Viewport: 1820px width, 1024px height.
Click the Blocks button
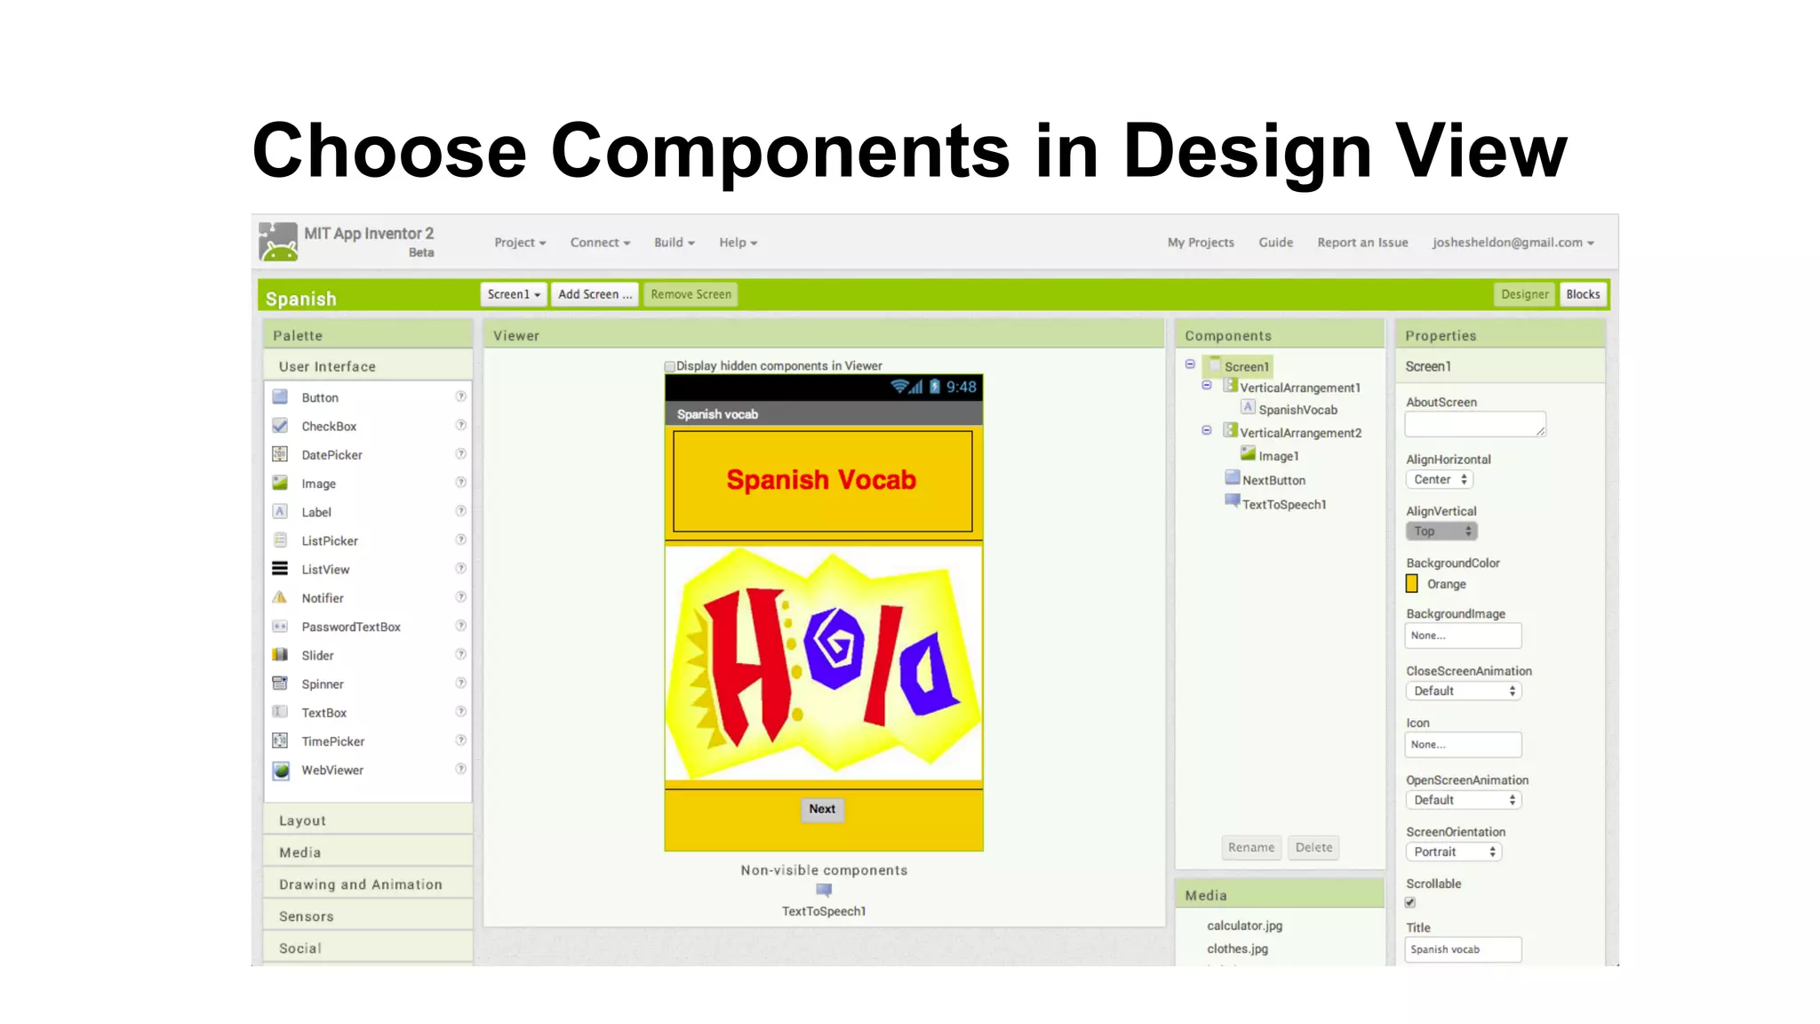tap(1583, 294)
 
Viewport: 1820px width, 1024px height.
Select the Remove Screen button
tap(690, 294)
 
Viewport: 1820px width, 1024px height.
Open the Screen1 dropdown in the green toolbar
tap(514, 294)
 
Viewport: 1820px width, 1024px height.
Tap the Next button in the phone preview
tap(822, 809)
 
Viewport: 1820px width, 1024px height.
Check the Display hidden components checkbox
tap(670, 366)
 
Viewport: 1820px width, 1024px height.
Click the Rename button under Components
tap(1251, 847)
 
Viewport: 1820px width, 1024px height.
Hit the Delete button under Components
tap(1313, 847)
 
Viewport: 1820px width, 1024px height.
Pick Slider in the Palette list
tap(317, 655)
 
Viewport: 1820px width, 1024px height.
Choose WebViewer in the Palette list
tap(332, 770)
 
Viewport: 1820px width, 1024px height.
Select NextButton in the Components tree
tap(1273, 480)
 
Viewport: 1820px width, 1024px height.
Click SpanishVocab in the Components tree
tap(1297, 410)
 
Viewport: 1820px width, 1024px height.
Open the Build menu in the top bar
tap(674, 243)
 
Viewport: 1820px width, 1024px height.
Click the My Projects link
tap(1201, 243)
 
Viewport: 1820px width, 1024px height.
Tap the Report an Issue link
tap(1362, 243)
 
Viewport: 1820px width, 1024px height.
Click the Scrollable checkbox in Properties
tap(1410, 902)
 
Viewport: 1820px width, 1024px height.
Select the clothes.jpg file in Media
tap(1237, 948)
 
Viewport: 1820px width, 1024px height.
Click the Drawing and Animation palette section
tap(360, 884)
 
